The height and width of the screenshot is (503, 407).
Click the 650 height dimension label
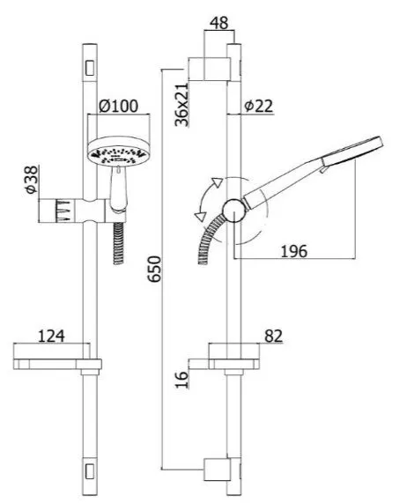pos(155,269)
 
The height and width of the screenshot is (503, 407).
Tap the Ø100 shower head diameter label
pos(118,106)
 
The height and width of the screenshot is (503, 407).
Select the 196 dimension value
pos(293,251)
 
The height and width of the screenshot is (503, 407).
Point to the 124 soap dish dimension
pos(51,336)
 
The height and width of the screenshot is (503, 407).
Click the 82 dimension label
pos(274,336)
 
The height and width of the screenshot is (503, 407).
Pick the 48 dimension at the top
pos(219,23)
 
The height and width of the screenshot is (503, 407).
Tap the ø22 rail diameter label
pos(258,106)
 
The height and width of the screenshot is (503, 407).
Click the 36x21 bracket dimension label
pos(181,105)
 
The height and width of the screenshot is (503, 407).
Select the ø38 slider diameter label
pos(32,180)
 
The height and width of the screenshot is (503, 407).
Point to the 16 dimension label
pos(181,380)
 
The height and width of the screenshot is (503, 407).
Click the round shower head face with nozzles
pos(118,156)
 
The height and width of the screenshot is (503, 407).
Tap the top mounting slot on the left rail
pos(90,68)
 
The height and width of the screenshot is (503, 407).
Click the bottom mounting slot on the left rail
pos(90,470)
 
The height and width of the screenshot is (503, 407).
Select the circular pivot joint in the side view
pos(234,211)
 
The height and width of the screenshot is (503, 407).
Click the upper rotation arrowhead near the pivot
pos(218,182)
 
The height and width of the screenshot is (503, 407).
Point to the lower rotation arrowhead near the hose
pos(199,216)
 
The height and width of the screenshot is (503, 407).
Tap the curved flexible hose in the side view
pos(209,238)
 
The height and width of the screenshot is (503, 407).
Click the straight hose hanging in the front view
pos(118,243)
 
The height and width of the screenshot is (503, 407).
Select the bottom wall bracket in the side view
pos(222,470)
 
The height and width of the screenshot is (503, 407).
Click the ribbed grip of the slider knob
pos(63,211)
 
